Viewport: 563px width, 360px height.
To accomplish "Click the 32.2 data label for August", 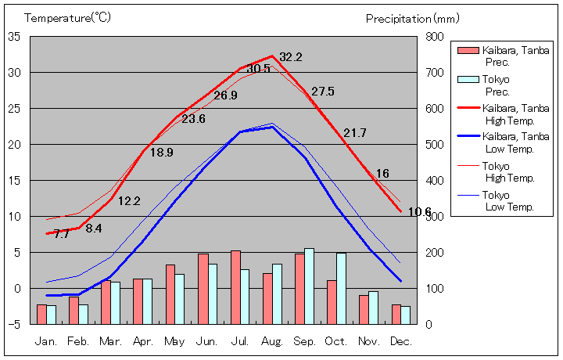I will point(291,57).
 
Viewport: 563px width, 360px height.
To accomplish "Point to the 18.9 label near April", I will point(161,153).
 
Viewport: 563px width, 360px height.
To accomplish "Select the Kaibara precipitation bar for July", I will point(235,287).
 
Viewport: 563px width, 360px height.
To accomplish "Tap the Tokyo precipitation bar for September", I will point(310,286).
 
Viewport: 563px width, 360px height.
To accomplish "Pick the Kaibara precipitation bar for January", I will point(41,314).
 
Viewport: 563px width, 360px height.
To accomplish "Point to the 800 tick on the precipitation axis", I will point(434,37).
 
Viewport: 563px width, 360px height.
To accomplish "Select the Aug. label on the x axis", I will point(272,341).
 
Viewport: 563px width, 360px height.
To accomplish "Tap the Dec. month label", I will point(400,341).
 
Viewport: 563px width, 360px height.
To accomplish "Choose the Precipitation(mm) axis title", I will point(413,17).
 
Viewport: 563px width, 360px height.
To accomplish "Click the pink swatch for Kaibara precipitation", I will point(467,51).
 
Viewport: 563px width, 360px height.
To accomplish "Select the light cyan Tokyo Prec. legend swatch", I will point(467,80).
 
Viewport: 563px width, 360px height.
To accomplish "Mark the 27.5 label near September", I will point(322,92).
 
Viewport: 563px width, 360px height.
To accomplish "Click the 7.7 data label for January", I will point(62,234).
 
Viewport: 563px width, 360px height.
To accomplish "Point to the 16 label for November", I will point(382,174).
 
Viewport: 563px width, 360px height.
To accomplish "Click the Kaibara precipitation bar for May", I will point(170,294).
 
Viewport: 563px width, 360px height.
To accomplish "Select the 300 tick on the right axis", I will point(434,217).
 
